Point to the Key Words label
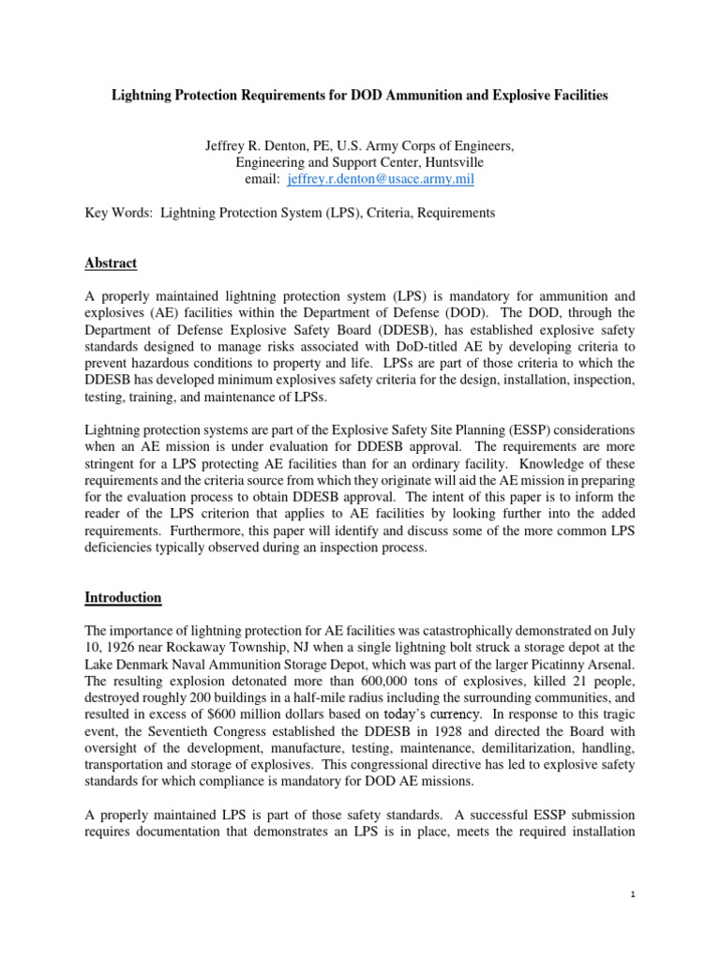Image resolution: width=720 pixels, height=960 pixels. pos(117,214)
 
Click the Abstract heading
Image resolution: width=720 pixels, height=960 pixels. pos(111,263)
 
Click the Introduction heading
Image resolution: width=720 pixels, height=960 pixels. pos(123,597)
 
